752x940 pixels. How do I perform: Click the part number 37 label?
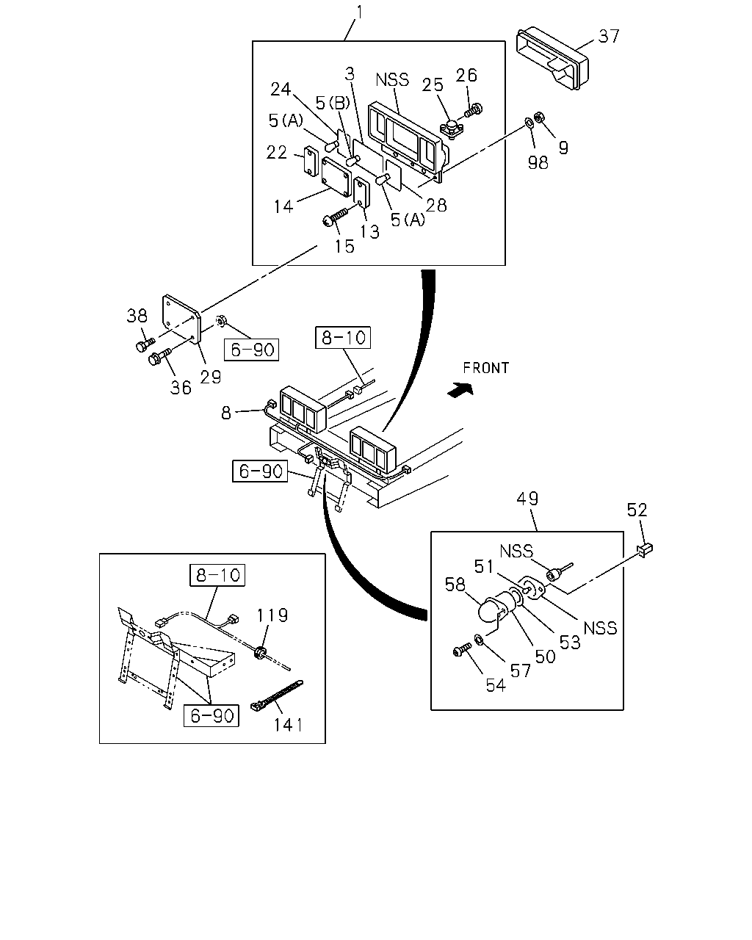click(x=609, y=36)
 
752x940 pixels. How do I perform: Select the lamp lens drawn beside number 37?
click(x=553, y=59)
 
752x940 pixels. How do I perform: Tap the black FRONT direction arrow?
click(x=460, y=388)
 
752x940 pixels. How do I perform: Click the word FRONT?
click(x=486, y=368)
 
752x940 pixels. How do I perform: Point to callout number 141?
click(x=288, y=725)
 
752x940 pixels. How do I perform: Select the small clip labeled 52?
click(x=646, y=549)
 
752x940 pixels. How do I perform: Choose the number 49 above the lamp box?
click(x=527, y=499)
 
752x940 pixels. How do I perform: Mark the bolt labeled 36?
click(x=159, y=356)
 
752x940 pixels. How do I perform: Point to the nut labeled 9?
click(x=540, y=117)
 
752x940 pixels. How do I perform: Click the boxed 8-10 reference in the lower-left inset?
click(x=217, y=575)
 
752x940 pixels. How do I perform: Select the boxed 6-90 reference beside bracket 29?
click(x=251, y=350)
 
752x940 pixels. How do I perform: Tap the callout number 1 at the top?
click(x=360, y=12)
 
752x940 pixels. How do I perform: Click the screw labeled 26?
click(x=473, y=109)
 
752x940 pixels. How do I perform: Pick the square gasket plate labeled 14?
click(x=336, y=177)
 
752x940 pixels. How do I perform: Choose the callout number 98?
click(x=538, y=163)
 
